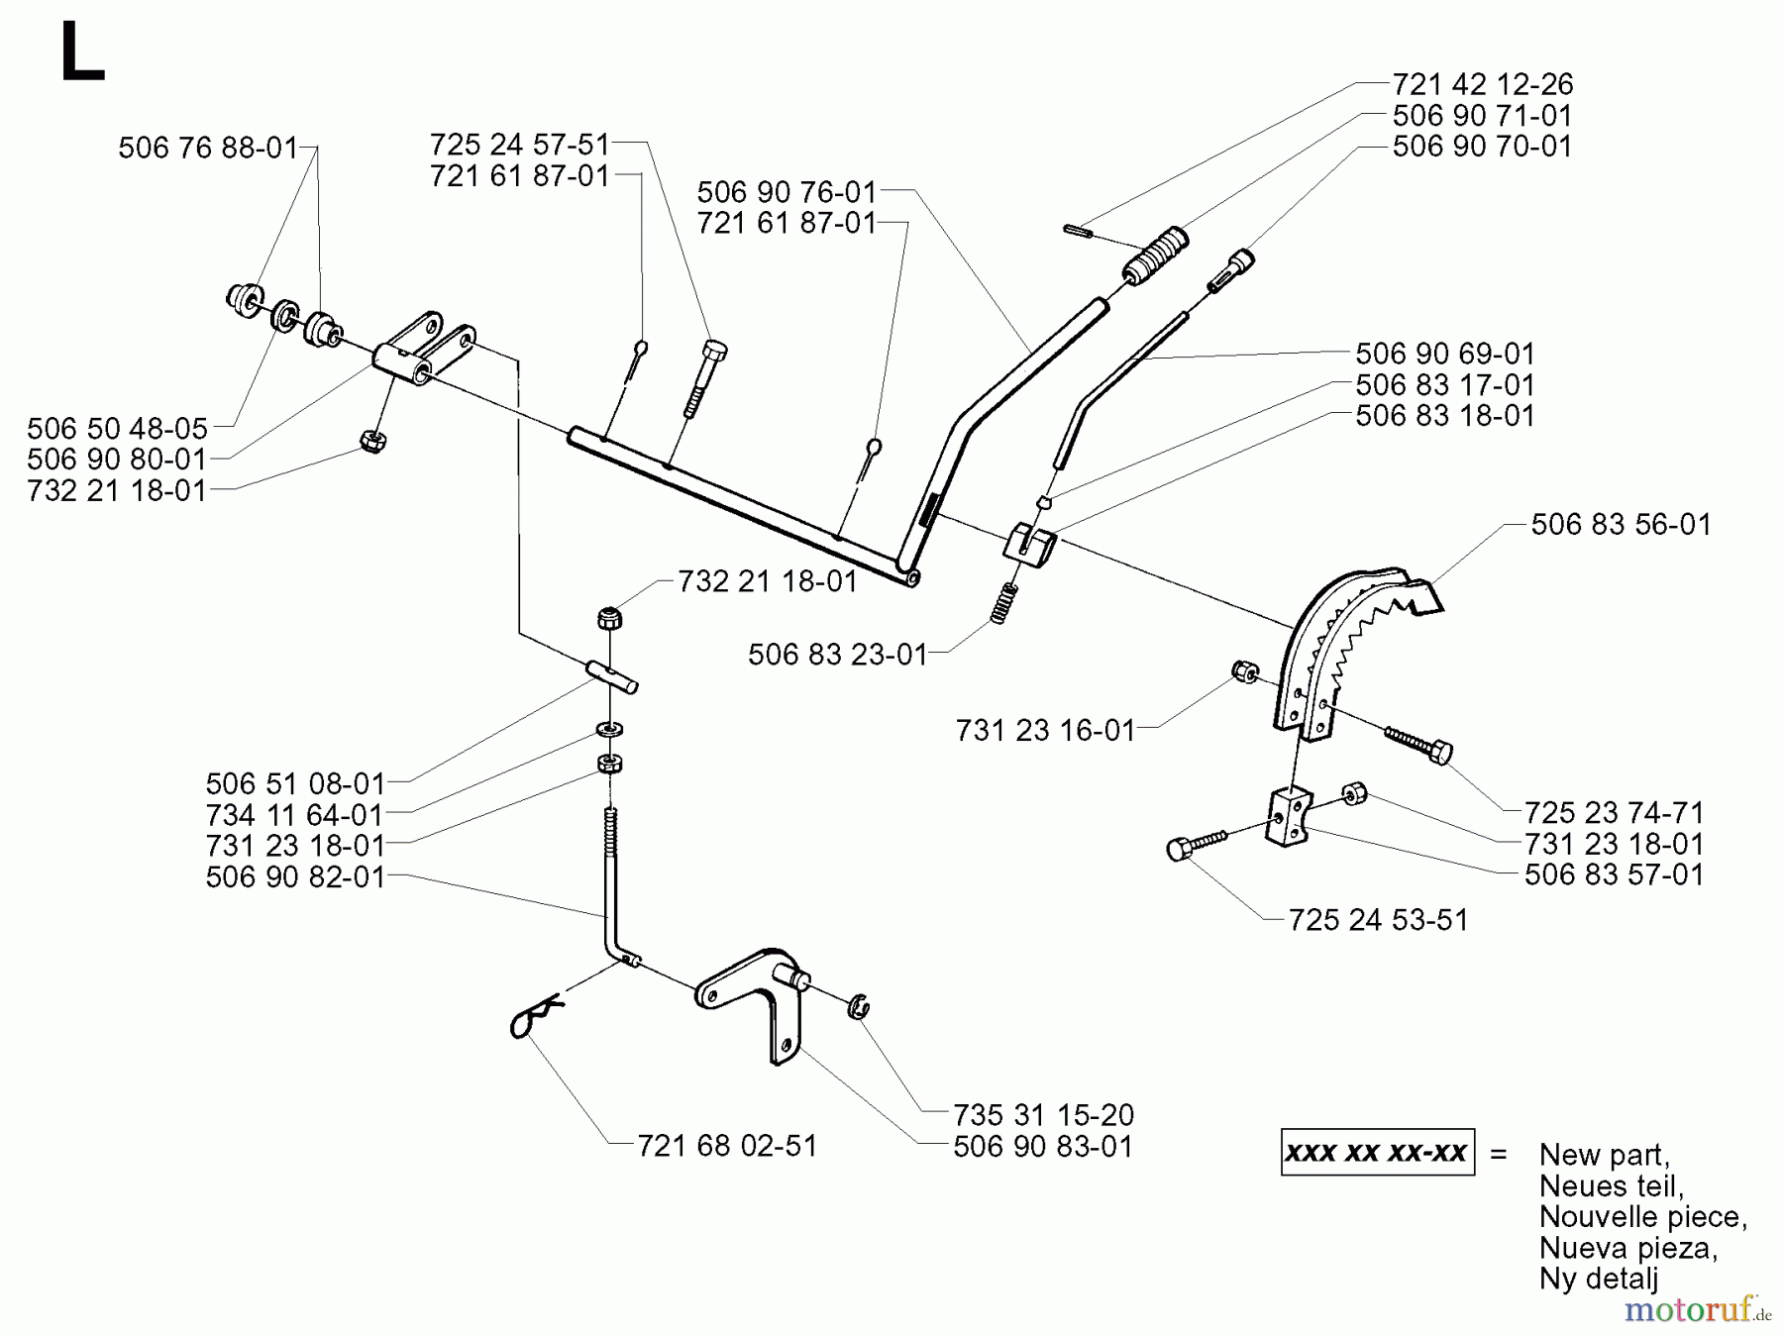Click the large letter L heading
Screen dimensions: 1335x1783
click(81, 55)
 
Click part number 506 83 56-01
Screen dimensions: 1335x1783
click(1621, 524)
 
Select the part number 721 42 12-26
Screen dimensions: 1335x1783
click(1482, 84)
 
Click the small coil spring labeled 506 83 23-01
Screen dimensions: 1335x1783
click(1004, 602)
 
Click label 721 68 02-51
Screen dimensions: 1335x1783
click(727, 1146)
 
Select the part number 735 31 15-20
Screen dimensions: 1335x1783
click(1043, 1115)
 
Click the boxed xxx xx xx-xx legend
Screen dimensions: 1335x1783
click(1377, 1153)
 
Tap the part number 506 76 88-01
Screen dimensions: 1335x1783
click(208, 149)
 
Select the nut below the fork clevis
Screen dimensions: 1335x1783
click(372, 441)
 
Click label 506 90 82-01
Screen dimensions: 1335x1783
click(295, 876)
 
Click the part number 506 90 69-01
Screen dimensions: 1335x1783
click(1444, 354)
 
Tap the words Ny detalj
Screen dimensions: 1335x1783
click(1598, 1279)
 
